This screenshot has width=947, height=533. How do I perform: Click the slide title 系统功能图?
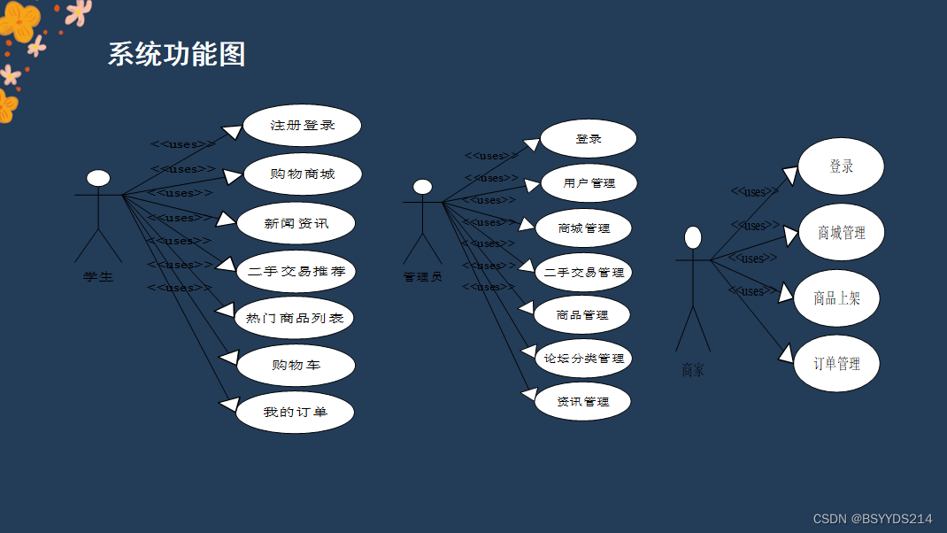click(176, 54)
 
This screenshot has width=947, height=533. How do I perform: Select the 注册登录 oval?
click(302, 126)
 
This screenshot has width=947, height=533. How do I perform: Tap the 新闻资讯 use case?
click(296, 223)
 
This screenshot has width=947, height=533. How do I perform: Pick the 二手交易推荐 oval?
click(296, 271)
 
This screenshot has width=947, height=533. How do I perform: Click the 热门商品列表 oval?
click(294, 318)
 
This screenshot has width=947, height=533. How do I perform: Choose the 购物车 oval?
click(296, 365)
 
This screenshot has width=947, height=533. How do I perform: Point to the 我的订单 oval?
click(295, 413)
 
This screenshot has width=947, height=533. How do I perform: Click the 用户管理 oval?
click(589, 183)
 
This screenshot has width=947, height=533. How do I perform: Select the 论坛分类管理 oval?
click(583, 359)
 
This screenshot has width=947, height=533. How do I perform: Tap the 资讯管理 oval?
click(582, 402)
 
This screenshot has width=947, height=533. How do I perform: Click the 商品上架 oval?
click(836, 298)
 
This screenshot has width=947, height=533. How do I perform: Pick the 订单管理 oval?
click(836, 364)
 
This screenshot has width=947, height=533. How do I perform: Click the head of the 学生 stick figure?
click(98, 179)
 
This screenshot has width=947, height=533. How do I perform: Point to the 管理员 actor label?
click(422, 277)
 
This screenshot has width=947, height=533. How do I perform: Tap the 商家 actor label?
click(693, 371)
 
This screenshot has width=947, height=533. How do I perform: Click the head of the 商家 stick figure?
click(693, 237)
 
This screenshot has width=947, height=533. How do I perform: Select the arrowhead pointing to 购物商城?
click(233, 176)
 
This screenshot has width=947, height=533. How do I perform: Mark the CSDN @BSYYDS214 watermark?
click(872, 519)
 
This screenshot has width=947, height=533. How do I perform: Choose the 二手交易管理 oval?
click(583, 272)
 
